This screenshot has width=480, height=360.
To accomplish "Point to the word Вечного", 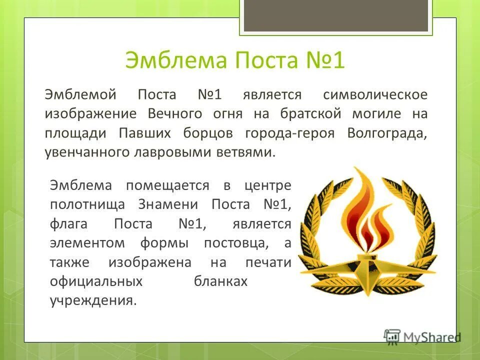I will click(x=175, y=113).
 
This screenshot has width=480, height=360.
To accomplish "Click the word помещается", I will click(x=167, y=185).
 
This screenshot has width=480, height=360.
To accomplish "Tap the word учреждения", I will click(x=92, y=301).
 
